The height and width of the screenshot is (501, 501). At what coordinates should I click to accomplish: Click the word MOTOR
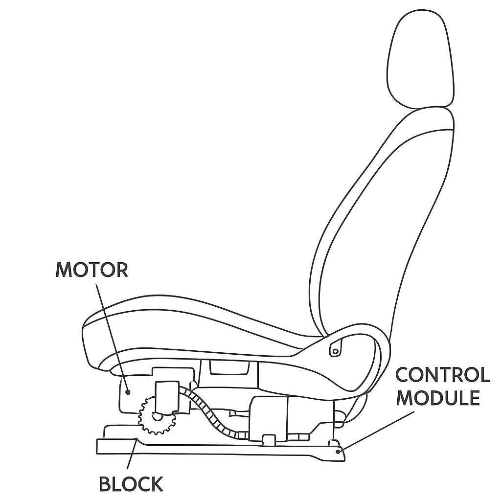click(x=92, y=270)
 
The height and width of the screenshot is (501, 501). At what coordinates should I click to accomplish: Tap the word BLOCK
click(x=131, y=484)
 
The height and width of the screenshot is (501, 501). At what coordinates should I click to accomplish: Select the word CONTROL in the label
click(x=442, y=375)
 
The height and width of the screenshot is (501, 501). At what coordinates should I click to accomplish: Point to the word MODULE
click(x=438, y=398)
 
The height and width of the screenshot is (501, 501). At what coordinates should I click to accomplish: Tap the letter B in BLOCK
click(x=104, y=484)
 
